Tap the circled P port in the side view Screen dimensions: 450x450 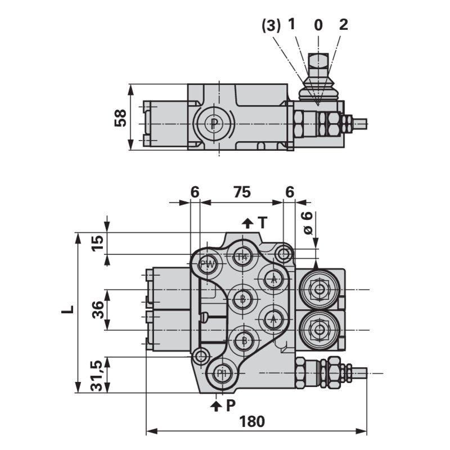(x=214, y=123)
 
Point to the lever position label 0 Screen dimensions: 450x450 (x=318, y=25)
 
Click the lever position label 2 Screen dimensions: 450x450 (x=344, y=24)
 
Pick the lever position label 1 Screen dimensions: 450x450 (x=292, y=24)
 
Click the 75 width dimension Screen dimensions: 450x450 (x=242, y=192)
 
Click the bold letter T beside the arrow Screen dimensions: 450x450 (x=262, y=223)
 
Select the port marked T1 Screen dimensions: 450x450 (x=242, y=256)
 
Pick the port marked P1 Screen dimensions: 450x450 (x=223, y=373)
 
